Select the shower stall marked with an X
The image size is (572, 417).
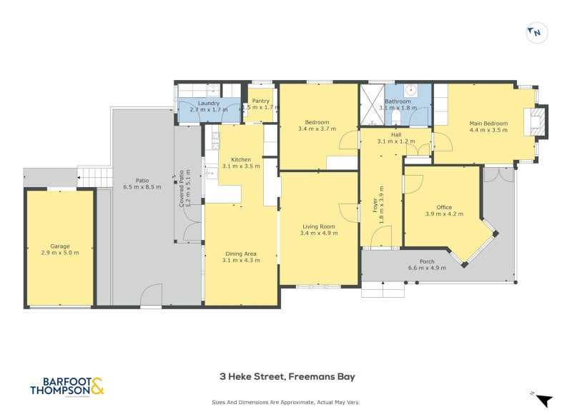click(x=372, y=106)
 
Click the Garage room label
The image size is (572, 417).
click(x=60, y=246)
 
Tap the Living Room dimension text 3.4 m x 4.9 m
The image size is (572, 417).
click(x=318, y=233)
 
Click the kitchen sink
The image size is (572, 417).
click(x=210, y=173)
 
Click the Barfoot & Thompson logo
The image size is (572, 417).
click(x=66, y=386)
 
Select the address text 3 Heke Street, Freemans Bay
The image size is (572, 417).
click(x=286, y=376)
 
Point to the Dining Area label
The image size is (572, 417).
click(x=241, y=254)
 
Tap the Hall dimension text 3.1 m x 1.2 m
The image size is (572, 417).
click(x=395, y=141)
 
